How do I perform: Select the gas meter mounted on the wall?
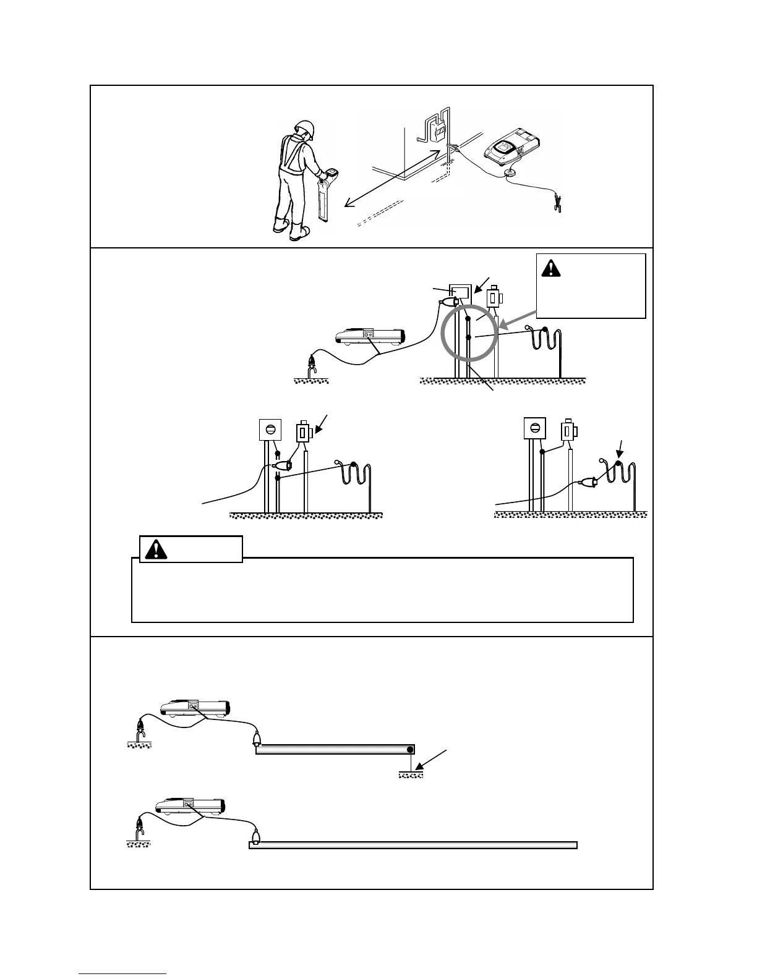pos(438,133)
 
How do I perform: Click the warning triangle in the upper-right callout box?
pos(550,268)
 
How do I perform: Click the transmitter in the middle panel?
pos(369,336)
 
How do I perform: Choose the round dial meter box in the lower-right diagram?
pos(535,427)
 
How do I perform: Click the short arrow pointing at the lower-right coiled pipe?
pos(620,445)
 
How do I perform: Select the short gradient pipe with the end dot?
pos(334,750)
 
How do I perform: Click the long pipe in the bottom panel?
pos(413,845)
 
